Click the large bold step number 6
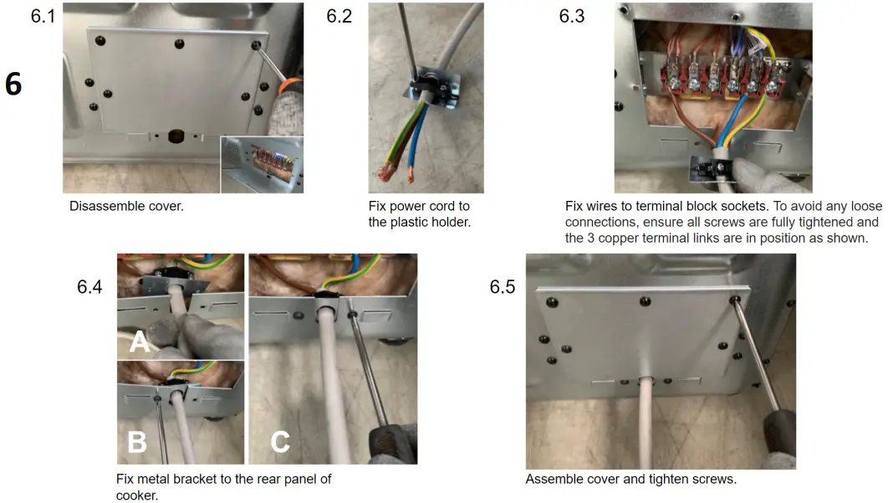tap(13, 85)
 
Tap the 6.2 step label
tap(339, 17)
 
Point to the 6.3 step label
tap(572, 17)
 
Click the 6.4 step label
tap(89, 287)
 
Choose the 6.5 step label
tap(502, 287)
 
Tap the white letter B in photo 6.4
tap(136, 441)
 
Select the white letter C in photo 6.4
tap(280, 440)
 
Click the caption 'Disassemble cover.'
tap(126, 206)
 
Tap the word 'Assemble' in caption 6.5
tap(552, 480)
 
